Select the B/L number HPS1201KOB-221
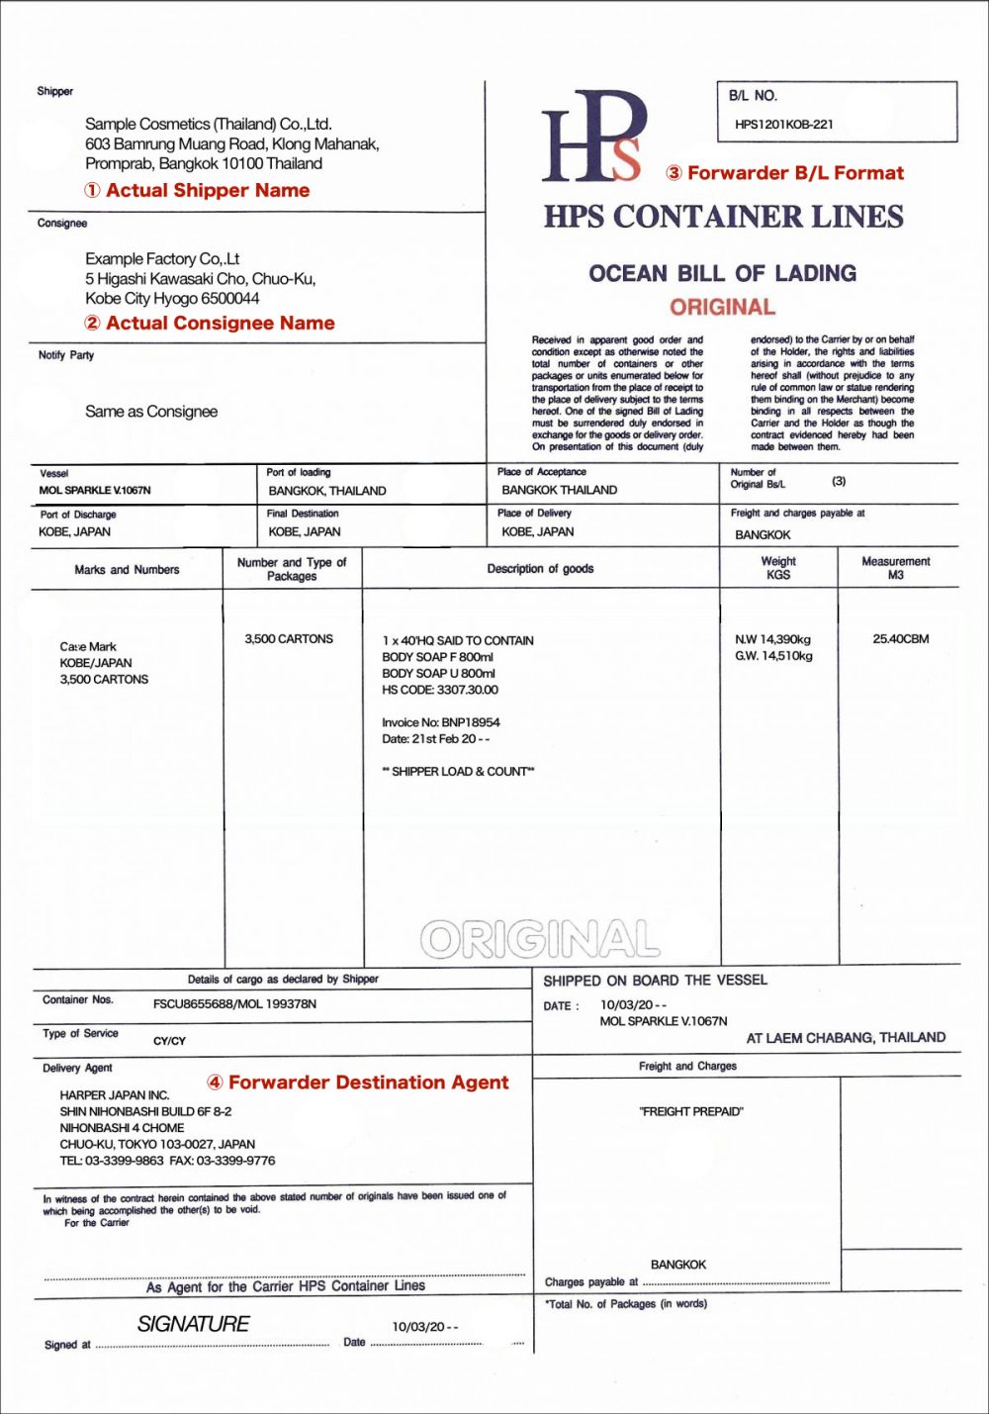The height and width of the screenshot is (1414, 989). pyautogui.click(x=783, y=125)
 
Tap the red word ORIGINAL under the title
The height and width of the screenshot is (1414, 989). pyautogui.click(x=722, y=307)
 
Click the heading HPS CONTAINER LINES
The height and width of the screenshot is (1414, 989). pyautogui.click(x=723, y=217)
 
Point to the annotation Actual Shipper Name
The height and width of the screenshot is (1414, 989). pyautogui.click(x=208, y=190)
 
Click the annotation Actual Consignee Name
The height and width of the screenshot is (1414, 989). pyautogui.click(x=220, y=323)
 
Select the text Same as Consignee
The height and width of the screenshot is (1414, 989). pyautogui.click(x=151, y=412)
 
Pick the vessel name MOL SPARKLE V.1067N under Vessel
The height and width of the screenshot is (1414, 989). pyautogui.click(x=95, y=490)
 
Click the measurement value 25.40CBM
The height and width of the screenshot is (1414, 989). pyautogui.click(x=900, y=639)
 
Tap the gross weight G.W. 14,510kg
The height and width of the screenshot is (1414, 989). pyautogui.click(x=773, y=656)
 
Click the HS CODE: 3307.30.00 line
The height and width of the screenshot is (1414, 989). pyautogui.click(x=440, y=690)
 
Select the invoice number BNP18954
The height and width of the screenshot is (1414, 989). pyautogui.click(x=470, y=722)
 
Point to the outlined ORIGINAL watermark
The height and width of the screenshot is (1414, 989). pyautogui.click(x=540, y=939)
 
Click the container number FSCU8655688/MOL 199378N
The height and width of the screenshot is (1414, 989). pyautogui.click(x=234, y=1003)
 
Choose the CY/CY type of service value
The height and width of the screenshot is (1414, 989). pyautogui.click(x=169, y=1041)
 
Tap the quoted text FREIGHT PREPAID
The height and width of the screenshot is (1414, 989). pyautogui.click(x=691, y=1111)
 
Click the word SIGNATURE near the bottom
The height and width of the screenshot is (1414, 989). pyautogui.click(x=194, y=1324)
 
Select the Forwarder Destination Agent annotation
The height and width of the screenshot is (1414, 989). pyautogui.click(x=368, y=1083)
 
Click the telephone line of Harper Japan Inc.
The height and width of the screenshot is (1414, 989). pyautogui.click(x=167, y=1160)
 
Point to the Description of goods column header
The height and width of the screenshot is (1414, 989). pyautogui.click(x=540, y=569)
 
